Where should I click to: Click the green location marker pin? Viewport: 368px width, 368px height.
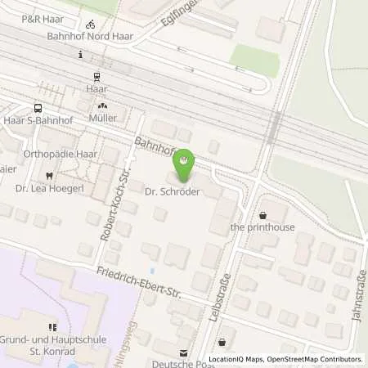(186, 164)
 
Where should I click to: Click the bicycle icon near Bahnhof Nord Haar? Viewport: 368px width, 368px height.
(90, 24)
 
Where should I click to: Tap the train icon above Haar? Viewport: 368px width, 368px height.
(97, 77)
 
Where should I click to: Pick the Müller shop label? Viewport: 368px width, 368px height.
(102, 118)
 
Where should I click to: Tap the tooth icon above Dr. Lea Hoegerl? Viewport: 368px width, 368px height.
(50, 174)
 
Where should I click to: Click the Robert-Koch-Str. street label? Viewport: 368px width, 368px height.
(110, 217)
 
